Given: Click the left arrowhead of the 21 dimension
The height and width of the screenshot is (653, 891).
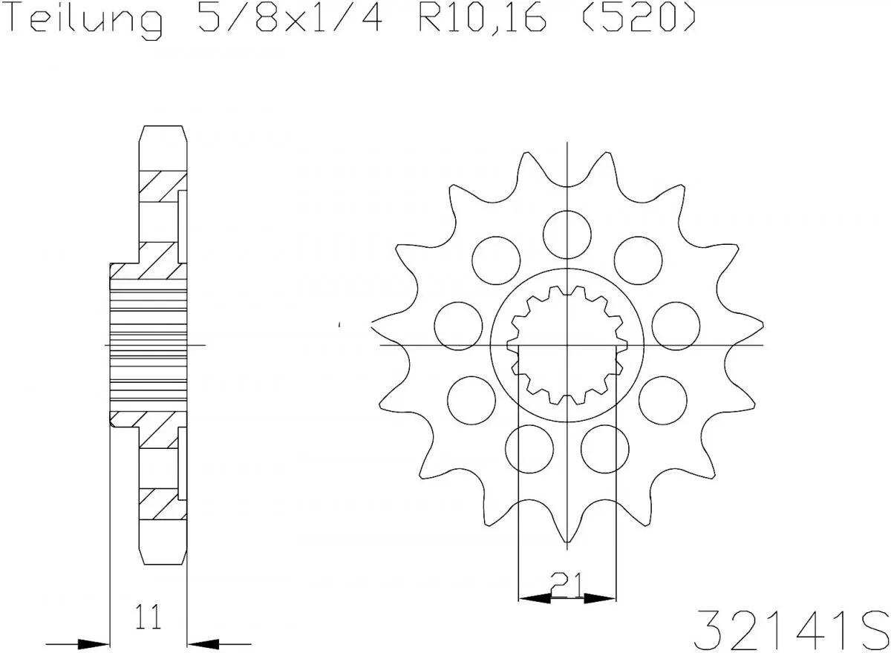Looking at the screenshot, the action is pyautogui.click(x=535, y=598).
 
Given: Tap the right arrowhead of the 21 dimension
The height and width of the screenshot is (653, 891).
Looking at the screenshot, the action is pyautogui.click(x=600, y=598).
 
